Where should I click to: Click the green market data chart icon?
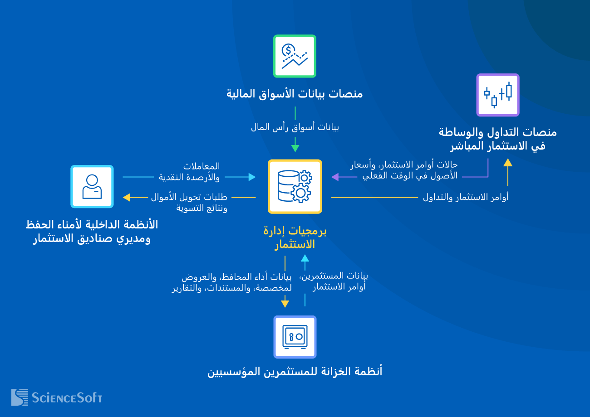coord(295,56)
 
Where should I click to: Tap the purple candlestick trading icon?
coord(497,95)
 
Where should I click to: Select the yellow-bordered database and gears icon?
coord(295,186)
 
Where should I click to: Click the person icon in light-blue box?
coord(92,186)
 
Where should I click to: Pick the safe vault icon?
coord(295,337)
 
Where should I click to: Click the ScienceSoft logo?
coord(57,398)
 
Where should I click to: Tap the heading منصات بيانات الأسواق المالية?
coord(295,94)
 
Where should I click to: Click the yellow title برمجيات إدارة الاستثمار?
coord(295,238)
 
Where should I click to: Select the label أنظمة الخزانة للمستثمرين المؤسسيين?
coord(295,372)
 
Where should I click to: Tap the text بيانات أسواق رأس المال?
coord(295,127)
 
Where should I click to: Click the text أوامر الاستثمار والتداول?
coord(466,197)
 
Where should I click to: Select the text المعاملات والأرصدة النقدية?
coord(189,172)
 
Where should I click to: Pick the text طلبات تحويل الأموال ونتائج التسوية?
coord(189,203)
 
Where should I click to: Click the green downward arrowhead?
coord(295,148)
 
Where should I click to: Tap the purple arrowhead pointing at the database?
coord(335,177)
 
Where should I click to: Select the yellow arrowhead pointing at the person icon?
coord(127,197)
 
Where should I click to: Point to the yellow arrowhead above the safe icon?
coord(285,304)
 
